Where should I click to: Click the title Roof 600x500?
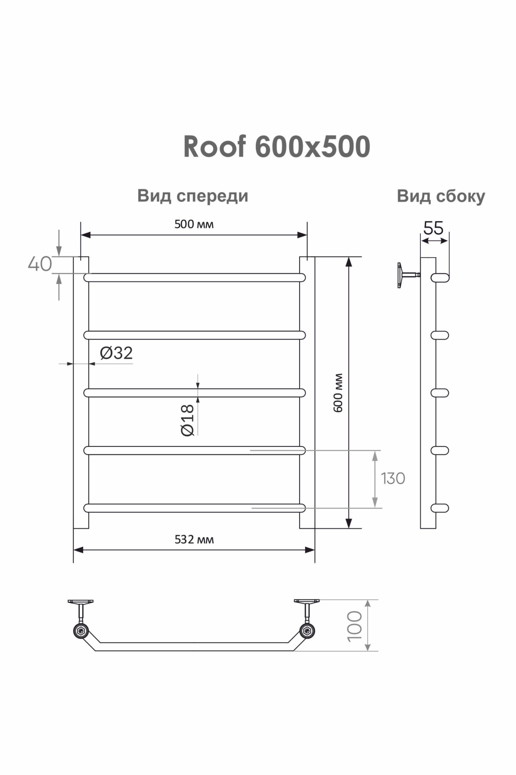point(276,147)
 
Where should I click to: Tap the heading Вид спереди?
point(193,196)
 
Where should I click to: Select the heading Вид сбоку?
point(441,196)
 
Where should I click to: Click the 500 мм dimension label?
point(194,224)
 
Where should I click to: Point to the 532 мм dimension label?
point(194,539)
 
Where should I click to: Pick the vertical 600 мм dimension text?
point(338,393)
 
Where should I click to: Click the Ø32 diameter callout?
point(116,353)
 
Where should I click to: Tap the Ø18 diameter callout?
point(188,420)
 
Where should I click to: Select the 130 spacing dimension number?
point(393,479)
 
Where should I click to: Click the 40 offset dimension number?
point(39,264)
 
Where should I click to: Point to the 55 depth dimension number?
point(433,228)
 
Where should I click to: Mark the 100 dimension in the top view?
point(355,626)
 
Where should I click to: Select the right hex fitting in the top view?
point(307,631)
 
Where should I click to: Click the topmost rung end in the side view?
point(441,277)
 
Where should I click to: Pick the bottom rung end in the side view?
point(440,508)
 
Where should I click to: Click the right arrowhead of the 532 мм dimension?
point(310,550)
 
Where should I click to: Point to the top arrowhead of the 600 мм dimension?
point(349,262)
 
